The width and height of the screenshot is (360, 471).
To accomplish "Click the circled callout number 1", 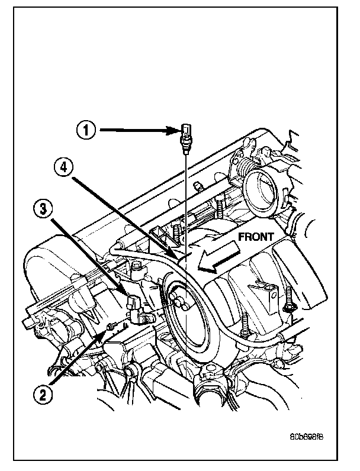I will click(86, 130).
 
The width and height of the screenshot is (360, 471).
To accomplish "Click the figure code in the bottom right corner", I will click(307, 438).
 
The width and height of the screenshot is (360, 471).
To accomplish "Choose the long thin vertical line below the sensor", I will click(185, 225).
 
